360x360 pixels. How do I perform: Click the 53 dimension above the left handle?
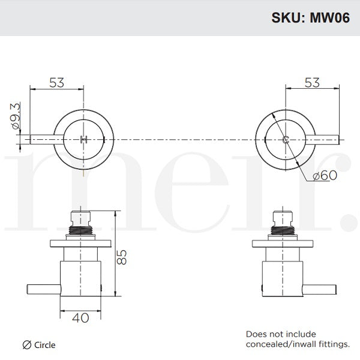[x=56, y=83]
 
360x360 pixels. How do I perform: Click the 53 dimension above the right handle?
[x=313, y=83]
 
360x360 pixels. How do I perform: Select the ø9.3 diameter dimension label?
[x=16, y=119]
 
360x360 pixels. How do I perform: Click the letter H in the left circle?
[x=83, y=140]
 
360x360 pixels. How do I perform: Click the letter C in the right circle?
[x=286, y=140]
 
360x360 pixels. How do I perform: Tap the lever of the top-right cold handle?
[x=324, y=140]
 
